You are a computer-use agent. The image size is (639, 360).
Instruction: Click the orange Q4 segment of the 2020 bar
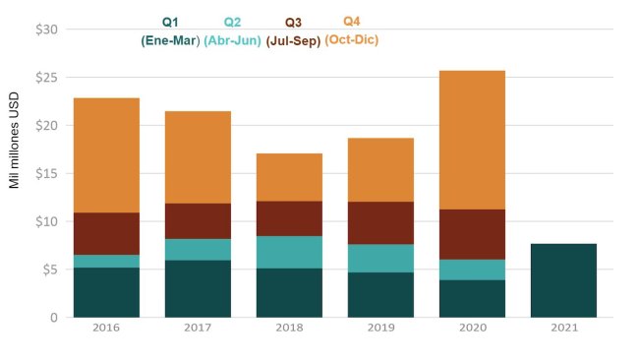(x=472, y=140)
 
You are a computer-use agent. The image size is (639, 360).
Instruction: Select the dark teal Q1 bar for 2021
(x=563, y=280)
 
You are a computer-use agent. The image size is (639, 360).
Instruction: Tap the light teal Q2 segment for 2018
(x=289, y=252)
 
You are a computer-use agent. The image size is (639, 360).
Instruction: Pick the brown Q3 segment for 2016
(x=106, y=233)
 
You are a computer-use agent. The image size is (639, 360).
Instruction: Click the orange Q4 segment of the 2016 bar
(x=106, y=155)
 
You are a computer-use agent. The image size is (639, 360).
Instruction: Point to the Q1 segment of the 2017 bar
(x=198, y=288)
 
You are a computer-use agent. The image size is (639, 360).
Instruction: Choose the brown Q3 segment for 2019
(x=380, y=222)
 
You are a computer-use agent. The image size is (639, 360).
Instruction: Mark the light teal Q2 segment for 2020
(x=472, y=270)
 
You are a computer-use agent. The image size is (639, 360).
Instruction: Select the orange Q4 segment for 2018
(x=289, y=177)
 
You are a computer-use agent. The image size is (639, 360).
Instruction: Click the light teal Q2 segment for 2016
(x=106, y=261)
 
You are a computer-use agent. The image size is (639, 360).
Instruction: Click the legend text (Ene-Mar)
(x=170, y=41)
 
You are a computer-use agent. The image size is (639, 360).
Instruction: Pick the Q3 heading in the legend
(x=293, y=23)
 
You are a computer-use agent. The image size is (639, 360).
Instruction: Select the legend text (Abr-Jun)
(x=232, y=41)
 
